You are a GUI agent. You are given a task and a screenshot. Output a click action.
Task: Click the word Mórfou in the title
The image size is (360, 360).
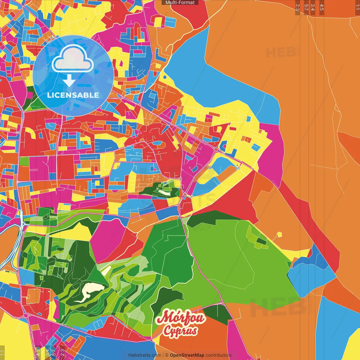181,317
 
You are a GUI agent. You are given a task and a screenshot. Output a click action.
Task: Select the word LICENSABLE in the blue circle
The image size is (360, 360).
73,95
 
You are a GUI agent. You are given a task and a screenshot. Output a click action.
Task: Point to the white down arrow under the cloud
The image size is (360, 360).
69,81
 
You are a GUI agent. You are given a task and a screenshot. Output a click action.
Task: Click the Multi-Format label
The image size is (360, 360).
180,3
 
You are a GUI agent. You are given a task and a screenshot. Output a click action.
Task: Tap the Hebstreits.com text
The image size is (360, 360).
145,355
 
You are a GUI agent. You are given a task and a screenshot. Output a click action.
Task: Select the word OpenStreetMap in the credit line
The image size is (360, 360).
187,355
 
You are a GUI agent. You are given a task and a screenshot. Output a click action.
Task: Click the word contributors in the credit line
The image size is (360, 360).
219,355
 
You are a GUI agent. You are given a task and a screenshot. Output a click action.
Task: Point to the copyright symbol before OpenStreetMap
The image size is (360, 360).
167,355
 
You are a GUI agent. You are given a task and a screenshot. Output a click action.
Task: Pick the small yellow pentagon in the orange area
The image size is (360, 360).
279,235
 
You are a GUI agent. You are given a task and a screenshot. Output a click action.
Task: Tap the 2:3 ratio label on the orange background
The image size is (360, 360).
298,7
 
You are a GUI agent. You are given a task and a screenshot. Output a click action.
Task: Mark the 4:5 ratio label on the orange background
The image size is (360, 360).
322,7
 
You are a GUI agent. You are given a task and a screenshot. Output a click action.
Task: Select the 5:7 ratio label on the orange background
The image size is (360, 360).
306,7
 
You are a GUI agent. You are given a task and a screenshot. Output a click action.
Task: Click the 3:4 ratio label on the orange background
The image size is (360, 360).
313,7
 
